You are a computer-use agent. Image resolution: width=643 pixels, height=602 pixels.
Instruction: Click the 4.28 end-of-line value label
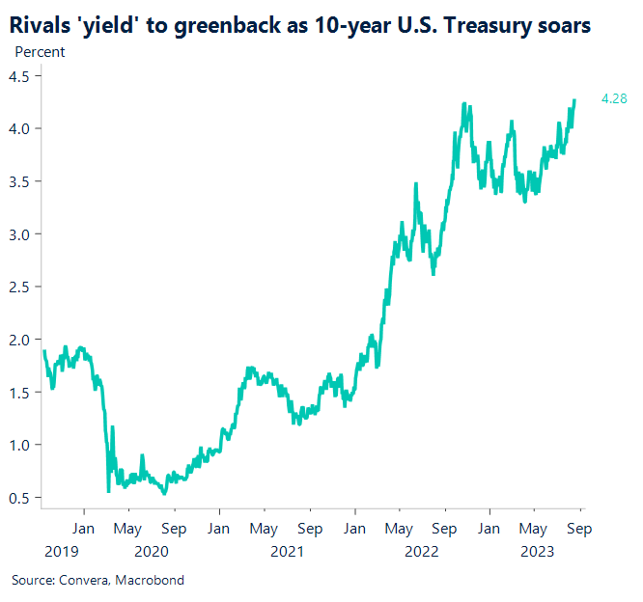tap(615, 98)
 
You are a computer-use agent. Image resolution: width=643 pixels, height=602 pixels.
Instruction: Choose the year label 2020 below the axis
tap(152, 552)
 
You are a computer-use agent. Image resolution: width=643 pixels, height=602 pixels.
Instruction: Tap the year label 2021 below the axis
tap(287, 552)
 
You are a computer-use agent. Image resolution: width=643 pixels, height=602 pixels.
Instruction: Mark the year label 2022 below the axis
tap(422, 552)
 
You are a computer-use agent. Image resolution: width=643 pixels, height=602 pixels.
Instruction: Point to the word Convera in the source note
tap(88, 580)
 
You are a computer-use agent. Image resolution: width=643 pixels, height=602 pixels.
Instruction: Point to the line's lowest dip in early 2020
tap(107, 491)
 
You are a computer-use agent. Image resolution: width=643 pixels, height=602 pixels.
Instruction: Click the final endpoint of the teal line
tap(575, 99)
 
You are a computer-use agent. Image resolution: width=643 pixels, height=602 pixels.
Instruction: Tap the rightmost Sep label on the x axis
tap(579, 529)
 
